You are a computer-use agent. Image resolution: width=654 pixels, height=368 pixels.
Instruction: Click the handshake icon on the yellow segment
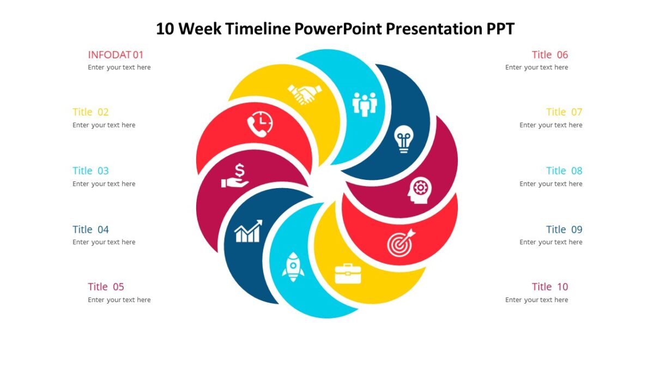(305, 94)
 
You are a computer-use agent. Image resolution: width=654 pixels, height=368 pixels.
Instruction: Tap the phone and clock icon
(260, 124)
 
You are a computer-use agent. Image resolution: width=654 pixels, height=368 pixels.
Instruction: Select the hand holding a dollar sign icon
(235, 176)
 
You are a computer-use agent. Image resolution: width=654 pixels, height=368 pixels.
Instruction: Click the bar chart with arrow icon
(248, 231)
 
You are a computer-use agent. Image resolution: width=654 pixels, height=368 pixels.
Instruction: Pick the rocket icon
(293, 267)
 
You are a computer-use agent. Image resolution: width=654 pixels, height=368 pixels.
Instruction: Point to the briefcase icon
(348, 273)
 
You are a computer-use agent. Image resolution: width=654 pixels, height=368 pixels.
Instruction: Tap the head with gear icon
(420, 190)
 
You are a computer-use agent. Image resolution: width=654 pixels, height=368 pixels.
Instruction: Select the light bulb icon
(403, 138)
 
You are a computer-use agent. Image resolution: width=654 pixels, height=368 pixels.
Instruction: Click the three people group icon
(365, 104)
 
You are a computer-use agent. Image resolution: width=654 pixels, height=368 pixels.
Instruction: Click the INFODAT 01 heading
(116, 55)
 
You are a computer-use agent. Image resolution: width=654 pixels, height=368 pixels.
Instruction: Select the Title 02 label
(90, 112)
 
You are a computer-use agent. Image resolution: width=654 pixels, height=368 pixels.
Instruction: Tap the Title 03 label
(90, 171)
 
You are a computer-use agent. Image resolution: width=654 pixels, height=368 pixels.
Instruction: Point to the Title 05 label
(106, 287)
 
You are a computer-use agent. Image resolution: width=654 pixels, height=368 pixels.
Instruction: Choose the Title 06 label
(550, 55)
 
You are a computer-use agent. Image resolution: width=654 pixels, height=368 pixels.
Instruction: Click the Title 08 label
(564, 171)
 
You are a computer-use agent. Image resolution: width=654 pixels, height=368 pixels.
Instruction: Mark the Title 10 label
(550, 287)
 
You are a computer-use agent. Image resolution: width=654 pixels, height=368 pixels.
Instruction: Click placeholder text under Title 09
(550, 242)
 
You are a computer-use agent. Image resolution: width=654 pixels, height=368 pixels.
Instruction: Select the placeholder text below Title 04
(104, 242)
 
